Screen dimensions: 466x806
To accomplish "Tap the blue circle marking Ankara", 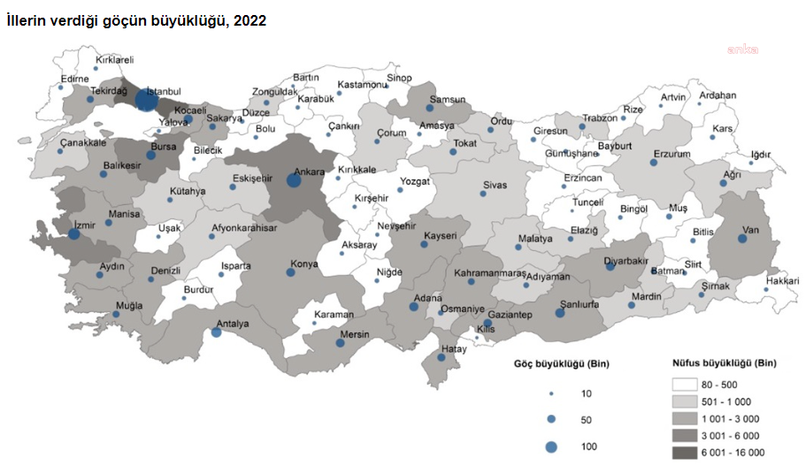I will (x=294, y=180).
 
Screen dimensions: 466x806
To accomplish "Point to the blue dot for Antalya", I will (x=217, y=332).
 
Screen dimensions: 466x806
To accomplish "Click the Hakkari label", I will (x=782, y=280).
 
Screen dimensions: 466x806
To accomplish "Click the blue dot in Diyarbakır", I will (x=610, y=266).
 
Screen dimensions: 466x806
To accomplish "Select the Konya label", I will (x=306, y=264).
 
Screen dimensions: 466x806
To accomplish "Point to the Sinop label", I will (x=399, y=78).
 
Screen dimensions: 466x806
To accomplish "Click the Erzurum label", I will (x=672, y=154).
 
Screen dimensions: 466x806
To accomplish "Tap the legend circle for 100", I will (x=551, y=447).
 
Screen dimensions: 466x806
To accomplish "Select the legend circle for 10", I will (x=551, y=393).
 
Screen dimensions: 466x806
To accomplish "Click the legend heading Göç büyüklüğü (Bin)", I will (x=562, y=363).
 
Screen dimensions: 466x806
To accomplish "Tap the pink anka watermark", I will (x=742, y=50).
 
